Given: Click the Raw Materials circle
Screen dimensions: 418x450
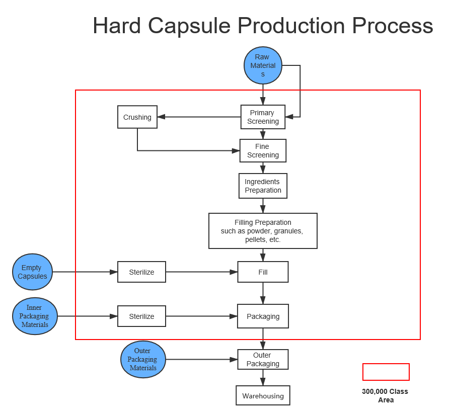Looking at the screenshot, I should coord(263,65).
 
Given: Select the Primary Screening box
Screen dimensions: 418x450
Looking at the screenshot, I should coord(263,117).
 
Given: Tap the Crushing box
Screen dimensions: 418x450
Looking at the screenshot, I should coord(137,117).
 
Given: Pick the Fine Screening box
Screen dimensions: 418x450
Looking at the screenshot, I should coord(263,151).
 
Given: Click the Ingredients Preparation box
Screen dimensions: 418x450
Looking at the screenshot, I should coord(263,186).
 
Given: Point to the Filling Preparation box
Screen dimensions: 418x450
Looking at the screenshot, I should coord(263,231).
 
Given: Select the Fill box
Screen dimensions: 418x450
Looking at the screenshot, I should coord(263,272).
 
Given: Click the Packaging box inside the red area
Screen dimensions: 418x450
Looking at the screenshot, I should coord(263,316).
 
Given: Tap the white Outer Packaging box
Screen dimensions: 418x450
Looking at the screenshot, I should coord(263,360).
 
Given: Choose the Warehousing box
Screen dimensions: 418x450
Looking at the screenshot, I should coord(263,396).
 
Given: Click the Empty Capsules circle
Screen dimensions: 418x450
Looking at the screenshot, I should coord(32,272).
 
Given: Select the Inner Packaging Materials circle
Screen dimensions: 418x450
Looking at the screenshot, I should coord(35,316).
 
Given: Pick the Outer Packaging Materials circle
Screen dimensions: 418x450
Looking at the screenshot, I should coord(143,360).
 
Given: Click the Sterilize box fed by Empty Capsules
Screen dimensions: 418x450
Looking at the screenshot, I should coord(141,272).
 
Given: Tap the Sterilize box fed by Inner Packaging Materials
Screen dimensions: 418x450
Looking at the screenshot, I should coord(141,316).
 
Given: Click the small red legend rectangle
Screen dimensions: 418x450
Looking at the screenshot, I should coord(386,372).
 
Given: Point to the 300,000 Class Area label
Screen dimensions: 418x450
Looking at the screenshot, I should coord(385,395).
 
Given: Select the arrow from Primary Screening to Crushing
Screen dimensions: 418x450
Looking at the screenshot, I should coord(199,117).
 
